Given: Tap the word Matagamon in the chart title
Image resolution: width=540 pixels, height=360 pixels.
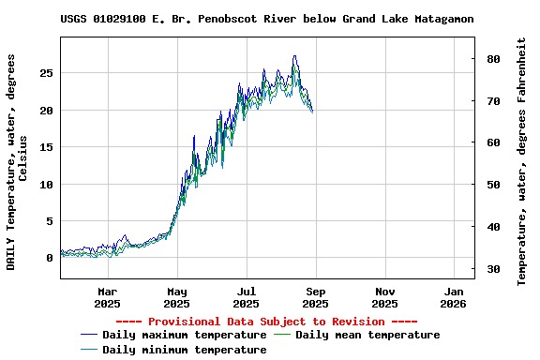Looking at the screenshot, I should (439, 19).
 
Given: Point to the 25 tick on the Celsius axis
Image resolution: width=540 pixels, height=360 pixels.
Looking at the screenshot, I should (46, 73).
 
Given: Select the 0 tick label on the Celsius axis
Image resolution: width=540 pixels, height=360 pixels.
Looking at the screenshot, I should (50, 259).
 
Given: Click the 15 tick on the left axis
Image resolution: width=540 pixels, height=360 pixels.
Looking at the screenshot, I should (46, 147).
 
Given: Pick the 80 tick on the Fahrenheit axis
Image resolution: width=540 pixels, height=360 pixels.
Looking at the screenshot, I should (492, 59).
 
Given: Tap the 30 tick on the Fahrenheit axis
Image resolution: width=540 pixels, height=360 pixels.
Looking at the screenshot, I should (492, 270).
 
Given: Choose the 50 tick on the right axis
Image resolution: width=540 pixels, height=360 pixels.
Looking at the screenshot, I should (492, 185).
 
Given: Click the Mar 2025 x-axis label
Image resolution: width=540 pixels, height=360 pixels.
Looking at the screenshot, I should (107, 297).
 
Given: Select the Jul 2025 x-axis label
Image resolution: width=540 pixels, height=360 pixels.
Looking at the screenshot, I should (246, 297).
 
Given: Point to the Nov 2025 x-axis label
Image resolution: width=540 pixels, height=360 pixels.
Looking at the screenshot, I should (384, 297).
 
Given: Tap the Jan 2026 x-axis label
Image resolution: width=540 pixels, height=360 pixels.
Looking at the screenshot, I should (454, 297).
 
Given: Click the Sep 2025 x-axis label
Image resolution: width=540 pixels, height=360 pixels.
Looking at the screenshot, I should (315, 297).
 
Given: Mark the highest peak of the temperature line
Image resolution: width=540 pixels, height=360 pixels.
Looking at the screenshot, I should (294, 56).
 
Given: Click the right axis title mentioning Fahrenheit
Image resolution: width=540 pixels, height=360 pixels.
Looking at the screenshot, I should (521, 161).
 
